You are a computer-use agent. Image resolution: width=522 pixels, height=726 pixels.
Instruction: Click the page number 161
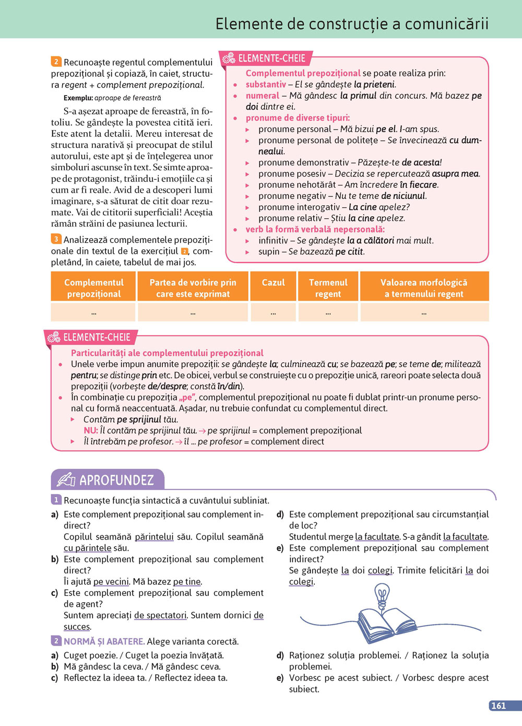click(499, 706)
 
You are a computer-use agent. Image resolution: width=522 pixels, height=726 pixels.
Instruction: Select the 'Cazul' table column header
click(273, 283)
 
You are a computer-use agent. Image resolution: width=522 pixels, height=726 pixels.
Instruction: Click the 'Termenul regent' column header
click(328, 288)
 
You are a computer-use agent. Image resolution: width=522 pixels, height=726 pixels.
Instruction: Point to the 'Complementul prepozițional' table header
click(94, 288)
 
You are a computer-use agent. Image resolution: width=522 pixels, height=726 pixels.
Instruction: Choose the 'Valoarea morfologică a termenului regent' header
click(424, 288)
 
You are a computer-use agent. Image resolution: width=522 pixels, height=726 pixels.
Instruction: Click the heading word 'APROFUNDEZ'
click(116, 480)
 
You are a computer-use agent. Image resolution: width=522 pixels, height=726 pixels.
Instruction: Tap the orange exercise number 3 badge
click(56, 239)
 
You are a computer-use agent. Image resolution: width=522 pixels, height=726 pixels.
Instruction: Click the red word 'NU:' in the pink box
click(91, 430)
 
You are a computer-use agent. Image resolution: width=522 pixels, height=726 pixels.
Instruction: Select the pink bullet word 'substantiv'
click(266, 85)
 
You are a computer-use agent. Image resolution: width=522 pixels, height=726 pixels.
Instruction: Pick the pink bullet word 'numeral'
click(263, 96)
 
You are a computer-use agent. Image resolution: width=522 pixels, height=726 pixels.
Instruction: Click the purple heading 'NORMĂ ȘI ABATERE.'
click(104, 641)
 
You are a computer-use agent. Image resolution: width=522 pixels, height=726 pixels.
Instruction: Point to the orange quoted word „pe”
click(187, 397)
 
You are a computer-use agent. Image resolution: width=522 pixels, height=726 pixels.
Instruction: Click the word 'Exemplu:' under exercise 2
click(78, 98)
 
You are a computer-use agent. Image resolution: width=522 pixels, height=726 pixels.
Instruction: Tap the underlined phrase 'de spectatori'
click(160, 615)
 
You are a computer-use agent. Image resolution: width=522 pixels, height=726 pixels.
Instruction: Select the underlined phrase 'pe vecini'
click(111, 582)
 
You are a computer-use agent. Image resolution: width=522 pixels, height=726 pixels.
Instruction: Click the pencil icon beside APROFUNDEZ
click(66, 479)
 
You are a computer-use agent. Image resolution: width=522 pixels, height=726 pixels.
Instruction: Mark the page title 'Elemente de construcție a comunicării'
click(352, 24)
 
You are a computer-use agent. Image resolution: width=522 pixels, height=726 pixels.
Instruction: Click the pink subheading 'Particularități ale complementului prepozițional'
click(167, 353)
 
